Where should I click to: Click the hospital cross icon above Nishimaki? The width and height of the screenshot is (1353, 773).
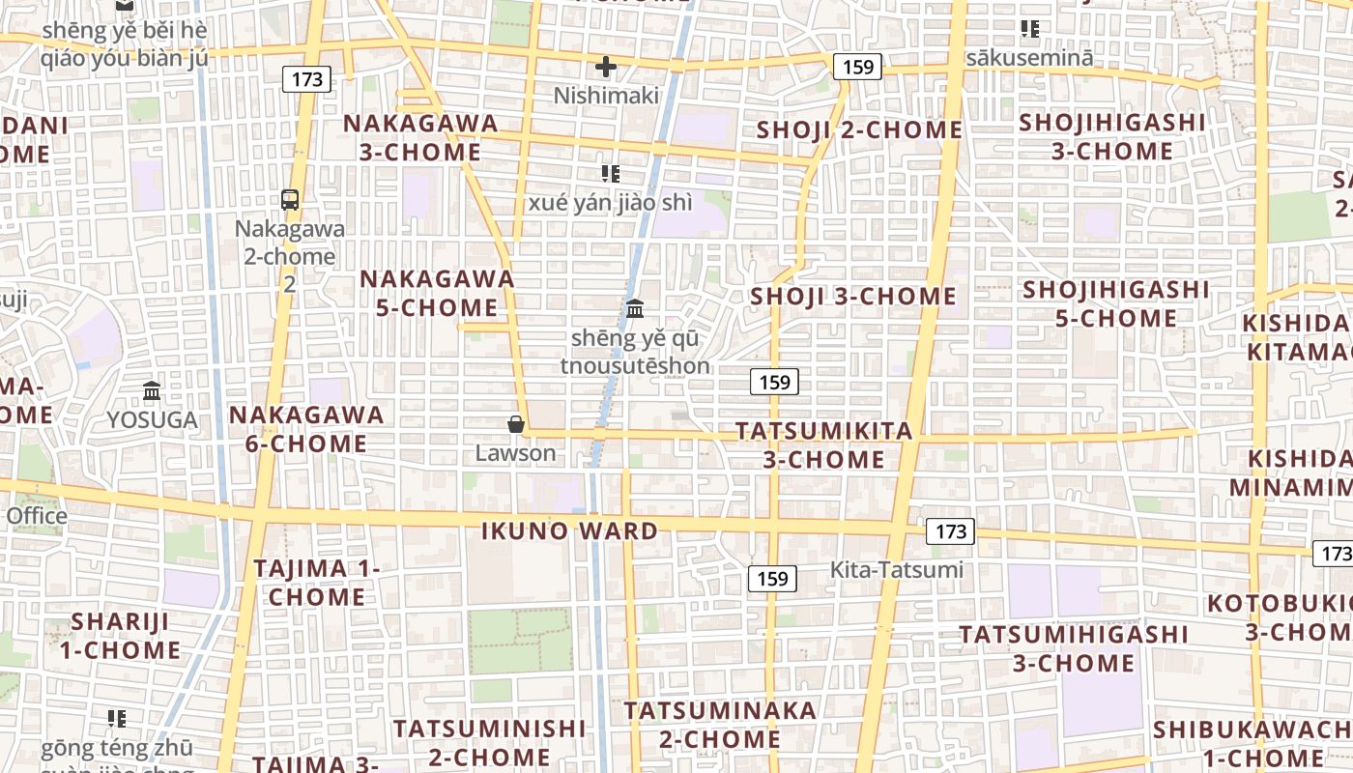pos(606,67)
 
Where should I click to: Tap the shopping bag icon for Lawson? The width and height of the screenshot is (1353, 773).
pos(516,424)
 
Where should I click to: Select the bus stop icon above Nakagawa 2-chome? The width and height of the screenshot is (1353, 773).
pos(290,200)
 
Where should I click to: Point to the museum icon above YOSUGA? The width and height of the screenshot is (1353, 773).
pos(152,391)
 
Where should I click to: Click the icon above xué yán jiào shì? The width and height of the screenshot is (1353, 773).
pos(610,174)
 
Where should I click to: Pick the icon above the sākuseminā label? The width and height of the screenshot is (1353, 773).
pos(1030,29)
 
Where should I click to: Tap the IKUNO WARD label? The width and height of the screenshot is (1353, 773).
pos(569,530)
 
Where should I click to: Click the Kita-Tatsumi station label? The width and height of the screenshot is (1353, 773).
pos(897,570)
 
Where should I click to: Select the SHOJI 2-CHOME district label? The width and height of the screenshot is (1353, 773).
pos(859,130)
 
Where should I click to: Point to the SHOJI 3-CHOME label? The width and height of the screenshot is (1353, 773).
pos(853,297)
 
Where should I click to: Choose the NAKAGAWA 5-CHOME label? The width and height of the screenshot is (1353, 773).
pos(437,294)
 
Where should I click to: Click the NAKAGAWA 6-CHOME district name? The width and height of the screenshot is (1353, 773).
pos(306,429)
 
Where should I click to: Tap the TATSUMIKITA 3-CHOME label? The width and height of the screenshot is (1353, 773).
pos(824,445)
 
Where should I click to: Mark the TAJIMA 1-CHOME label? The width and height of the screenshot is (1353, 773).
pos(317,583)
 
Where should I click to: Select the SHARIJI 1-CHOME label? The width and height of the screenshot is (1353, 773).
pos(120,636)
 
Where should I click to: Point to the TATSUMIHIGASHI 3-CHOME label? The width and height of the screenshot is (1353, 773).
pos(1074,649)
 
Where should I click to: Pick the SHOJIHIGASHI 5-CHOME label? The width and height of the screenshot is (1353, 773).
pos(1116,303)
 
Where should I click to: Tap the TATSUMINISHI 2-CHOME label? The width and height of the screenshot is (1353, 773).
pos(489,742)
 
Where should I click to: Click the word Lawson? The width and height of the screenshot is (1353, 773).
pos(516,453)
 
